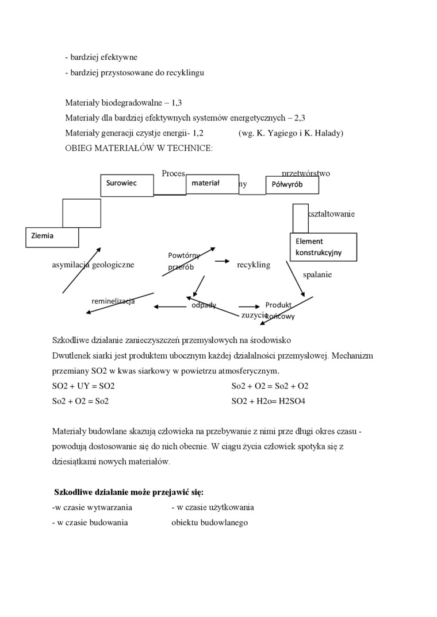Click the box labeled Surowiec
pyautogui.click(x=127, y=184)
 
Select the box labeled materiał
pyautogui.click(x=212, y=184)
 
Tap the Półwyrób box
pyautogui.click(x=292, y=185)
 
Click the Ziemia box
pyautogui.click(x=52, y=236)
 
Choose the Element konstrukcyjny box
pyautogui.click(x=323, y=247)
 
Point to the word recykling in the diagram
pyautogui.click(x=253, y=265)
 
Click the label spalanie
pyautogui.click(x=317, y=274)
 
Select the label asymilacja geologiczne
pyautogui.click(x=93, y=265)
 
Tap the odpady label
pyautogui.click(x=204, y=305)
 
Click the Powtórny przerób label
pyautogui.click(x=183, y=261)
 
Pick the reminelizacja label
pyautogui.click(x=113, y=301)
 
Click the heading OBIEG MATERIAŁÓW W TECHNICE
pyautogui.click(x=139, y=148)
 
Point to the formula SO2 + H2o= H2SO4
pyautogui.click(x=268, y=401)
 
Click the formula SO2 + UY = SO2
pyautogui.click(x=83, y=386)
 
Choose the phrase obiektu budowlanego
pyautogui.click(x=209, y=522)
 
